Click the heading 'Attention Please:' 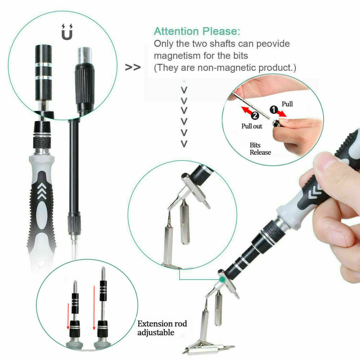(x=197, y=31)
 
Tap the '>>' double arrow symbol (x=132, y=67)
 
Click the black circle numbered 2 (x=255, y=116)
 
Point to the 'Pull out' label (x=252, y=126)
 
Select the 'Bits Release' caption (x=260, y=149)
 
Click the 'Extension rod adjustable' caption (x=162, y=328)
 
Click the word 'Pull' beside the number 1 (x=287, y=104)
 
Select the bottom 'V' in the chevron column (x=184, y=144)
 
